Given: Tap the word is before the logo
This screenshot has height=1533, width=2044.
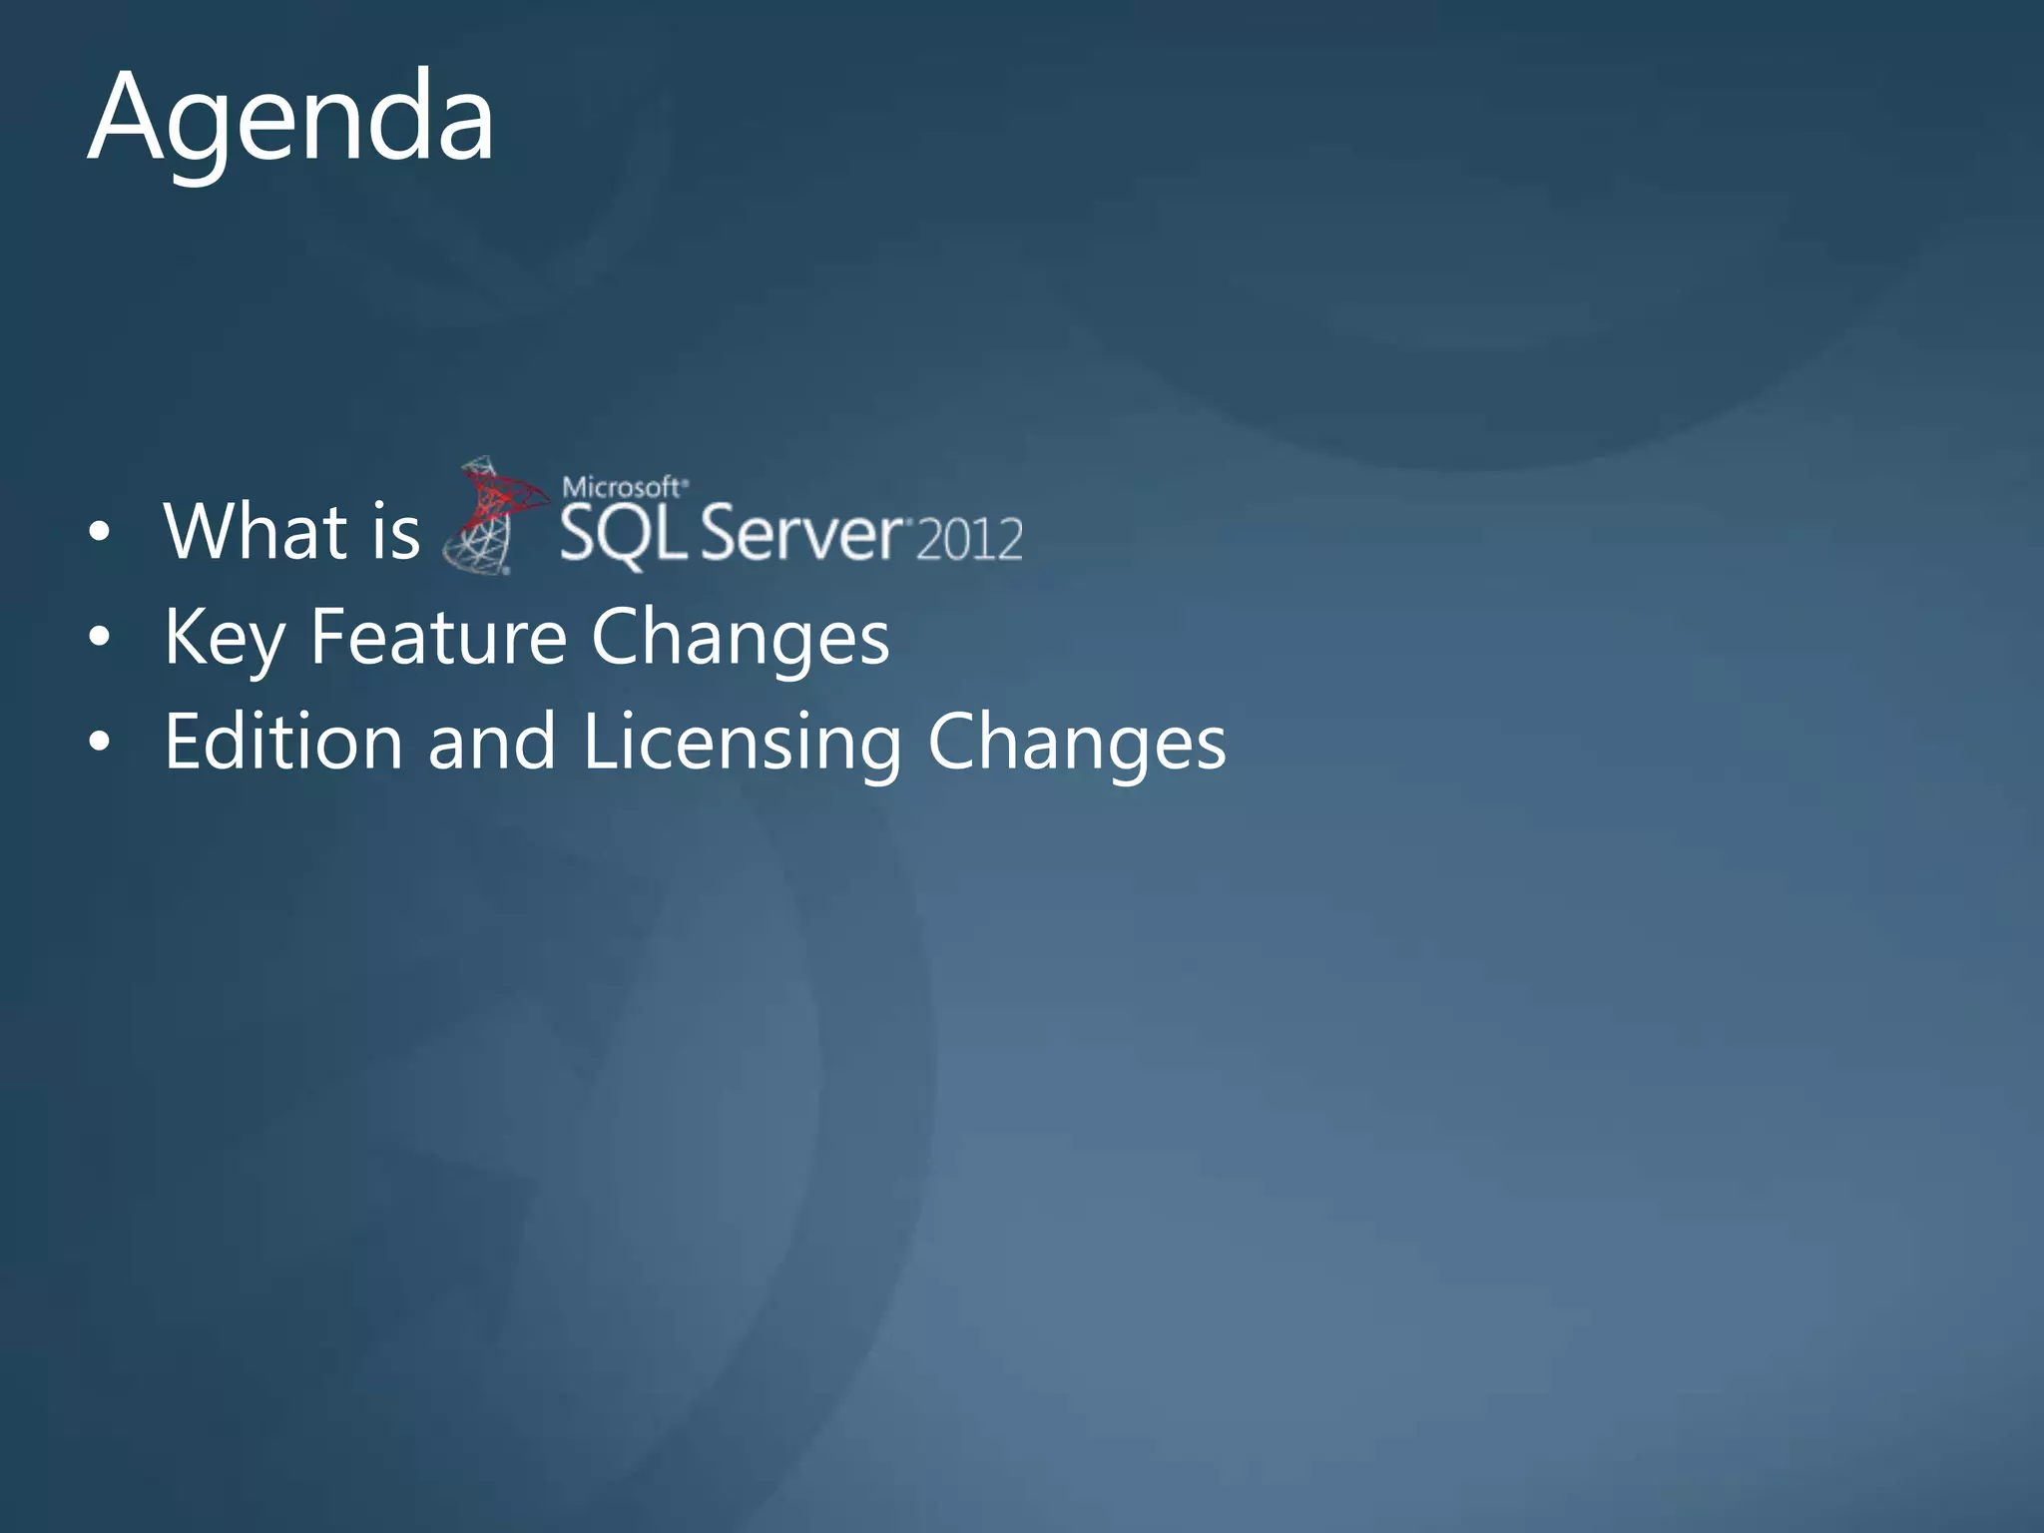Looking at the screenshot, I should click(x=395, y=531).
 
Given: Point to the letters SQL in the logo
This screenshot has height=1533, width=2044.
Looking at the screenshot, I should click(x=622, y=535).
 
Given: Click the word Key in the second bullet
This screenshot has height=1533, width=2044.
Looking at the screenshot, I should click(x=225, y=639).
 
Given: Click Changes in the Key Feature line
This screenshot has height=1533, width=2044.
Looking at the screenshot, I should click(x=740, y=639).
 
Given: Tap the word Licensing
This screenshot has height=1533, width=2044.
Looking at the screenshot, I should click(x=742, y=744).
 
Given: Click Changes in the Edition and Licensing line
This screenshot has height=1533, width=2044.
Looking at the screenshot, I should click(x=1076, y=744).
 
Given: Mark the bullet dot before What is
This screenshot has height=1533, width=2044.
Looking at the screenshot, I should click(x=98, y=533).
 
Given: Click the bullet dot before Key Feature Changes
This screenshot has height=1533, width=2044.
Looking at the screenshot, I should click(x=98, y=638).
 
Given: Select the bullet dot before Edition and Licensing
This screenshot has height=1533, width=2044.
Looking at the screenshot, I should click(x=98, y=743).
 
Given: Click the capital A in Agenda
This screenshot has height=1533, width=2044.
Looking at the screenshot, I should click(x=126, y=117).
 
